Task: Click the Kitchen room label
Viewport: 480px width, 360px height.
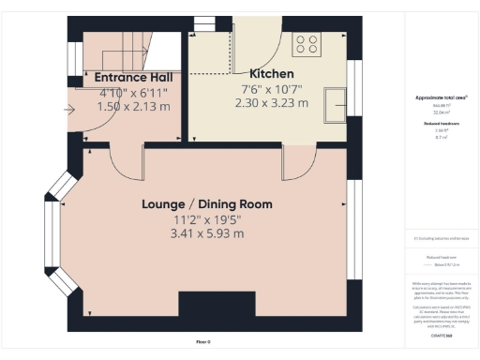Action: coord(272,74)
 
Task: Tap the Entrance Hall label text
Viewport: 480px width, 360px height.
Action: coord(133,77)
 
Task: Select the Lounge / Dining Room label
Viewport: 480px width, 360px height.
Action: coord(207,203)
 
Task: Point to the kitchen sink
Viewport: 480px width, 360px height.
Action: coord(335,104)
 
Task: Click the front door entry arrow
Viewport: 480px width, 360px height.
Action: coord(69,109)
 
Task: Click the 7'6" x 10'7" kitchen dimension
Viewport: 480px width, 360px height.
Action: coord(272,89)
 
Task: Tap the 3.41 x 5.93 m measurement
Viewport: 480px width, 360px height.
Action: coord(207,233)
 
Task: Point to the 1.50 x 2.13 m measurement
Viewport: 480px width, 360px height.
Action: coord(133,107)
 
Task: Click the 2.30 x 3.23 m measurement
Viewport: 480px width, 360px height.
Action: coord(272,103)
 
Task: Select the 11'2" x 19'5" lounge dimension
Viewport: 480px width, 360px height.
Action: coord(207,218)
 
